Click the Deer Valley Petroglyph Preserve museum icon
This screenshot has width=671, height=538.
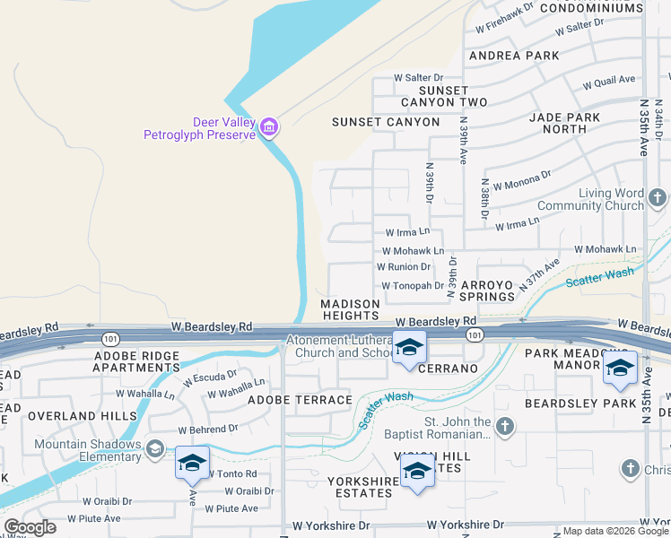pos(269,129)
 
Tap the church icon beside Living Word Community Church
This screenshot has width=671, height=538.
pos(657,197)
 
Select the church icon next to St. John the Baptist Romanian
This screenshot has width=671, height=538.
pos(504,427)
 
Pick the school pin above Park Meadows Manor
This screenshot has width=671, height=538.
pos(620,368)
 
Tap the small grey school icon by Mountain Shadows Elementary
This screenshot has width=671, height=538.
pos(155,448)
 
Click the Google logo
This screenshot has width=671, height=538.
pos(30,527)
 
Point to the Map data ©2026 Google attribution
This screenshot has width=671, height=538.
pos(615,531)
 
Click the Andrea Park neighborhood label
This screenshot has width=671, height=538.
pos(514,56)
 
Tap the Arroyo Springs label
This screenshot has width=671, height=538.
pos(487,291)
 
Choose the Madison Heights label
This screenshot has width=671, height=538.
pos(351,310)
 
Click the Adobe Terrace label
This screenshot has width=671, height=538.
pos(300,400)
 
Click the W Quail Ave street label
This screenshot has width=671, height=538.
pos(609,83)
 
